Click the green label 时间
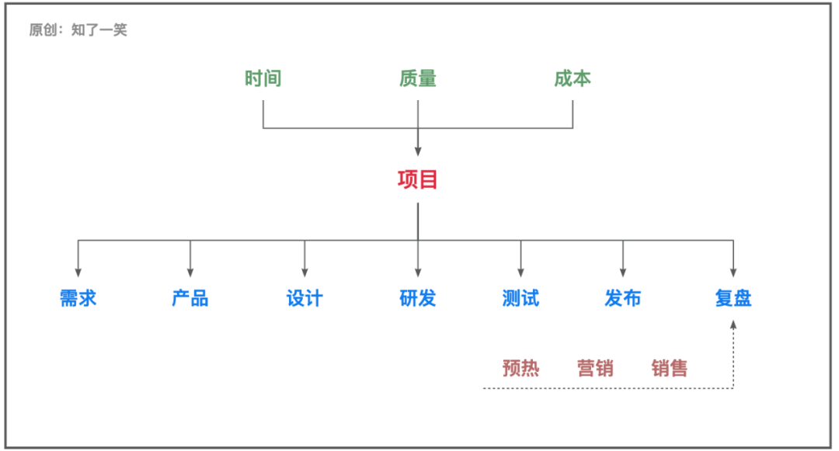[263, 78]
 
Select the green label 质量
[418, 78]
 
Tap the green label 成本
[573, 78]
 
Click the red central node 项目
[418, 180]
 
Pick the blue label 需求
[78, 298]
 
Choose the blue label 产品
[190, 298]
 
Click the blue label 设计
[305, 298]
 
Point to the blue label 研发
[418, 298]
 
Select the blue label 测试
[520, 298]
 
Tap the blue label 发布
[623, 298]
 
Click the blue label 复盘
[733, 298]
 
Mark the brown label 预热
[520, 368]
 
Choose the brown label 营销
[595, 368]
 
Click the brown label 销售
[670, 368]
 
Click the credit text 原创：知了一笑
[78, 30]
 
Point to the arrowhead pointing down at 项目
[418, 151]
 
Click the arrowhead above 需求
[78, 272]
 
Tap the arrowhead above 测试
[520, 272]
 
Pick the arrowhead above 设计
[305, 272]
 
